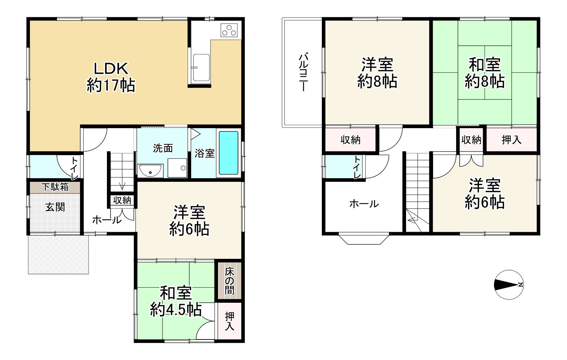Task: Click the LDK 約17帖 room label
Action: [x=111, y=77]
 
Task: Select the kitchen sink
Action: [x=201, y=68]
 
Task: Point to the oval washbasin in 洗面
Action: [x=150, y=172]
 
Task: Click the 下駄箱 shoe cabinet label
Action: [x=55, y=187]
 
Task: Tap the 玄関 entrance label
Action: [x=55, y=207]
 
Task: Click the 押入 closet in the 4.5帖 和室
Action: [x=229, y=321]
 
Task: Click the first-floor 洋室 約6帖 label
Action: [x=189, y=220]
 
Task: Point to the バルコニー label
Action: [x=303, y=72]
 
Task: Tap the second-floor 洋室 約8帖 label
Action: [x=377, y=73]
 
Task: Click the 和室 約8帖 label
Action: [x=484, y=73]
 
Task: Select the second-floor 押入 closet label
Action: [x=511, y=140]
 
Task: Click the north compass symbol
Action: [x=509, y=285]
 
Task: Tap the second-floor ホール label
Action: [x=364, y=204]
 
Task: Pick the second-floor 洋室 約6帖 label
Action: [x=484, y=194]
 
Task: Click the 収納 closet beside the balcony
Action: [x=350, y=140]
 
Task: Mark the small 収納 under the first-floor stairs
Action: [x=122, y=200]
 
